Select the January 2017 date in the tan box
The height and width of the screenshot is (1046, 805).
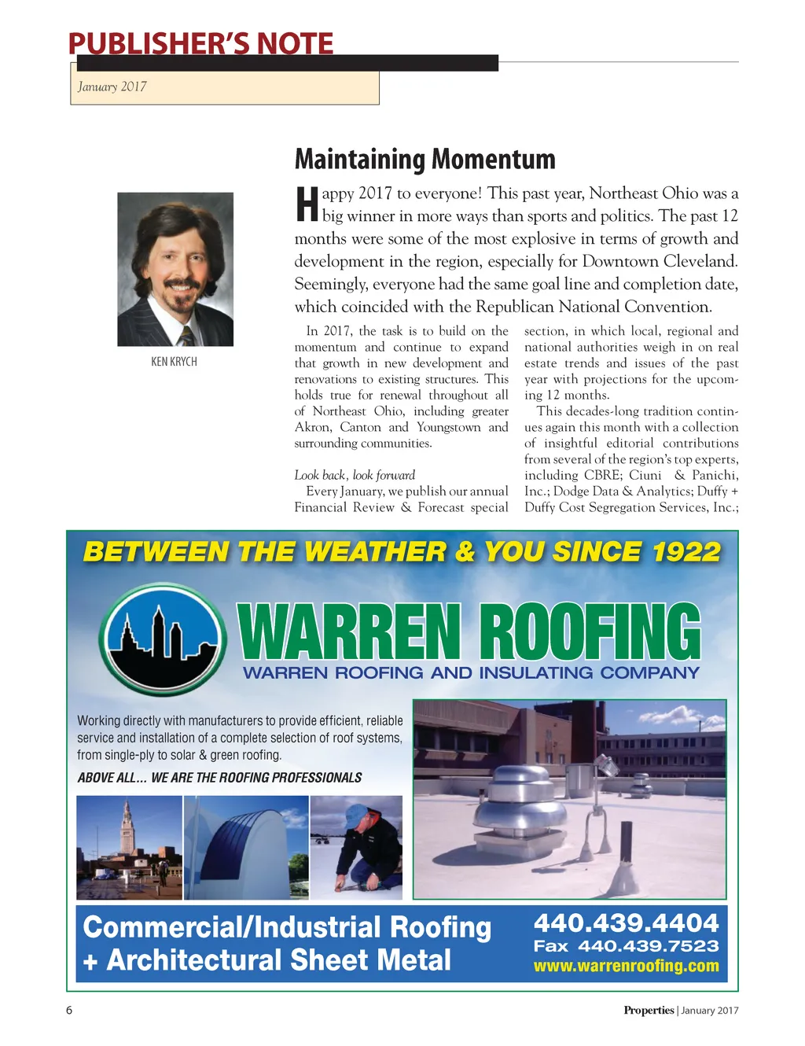(x=112, y=87)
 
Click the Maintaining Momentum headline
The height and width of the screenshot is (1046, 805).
(x=425, y=160)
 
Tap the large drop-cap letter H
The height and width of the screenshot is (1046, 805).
(x=307, y=204)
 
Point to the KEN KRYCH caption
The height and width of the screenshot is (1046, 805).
(x=174, y=362)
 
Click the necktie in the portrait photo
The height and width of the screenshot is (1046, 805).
(x=186, y=337)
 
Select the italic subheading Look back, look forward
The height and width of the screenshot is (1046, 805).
(x=355, y=475)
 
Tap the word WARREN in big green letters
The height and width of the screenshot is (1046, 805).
(x=349, y=632)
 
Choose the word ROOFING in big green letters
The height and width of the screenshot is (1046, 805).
(x=590, y=632)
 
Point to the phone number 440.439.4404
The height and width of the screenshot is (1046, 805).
(x=626, y=923)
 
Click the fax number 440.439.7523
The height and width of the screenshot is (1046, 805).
(x=648, y=946)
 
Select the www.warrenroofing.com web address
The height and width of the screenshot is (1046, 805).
(x=626, y=966)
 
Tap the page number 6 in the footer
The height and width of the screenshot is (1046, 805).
(x=69, y=1011)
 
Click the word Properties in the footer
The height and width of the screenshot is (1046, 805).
(x=649, y=1011)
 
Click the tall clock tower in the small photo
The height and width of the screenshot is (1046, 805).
(x=127, y=830)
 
